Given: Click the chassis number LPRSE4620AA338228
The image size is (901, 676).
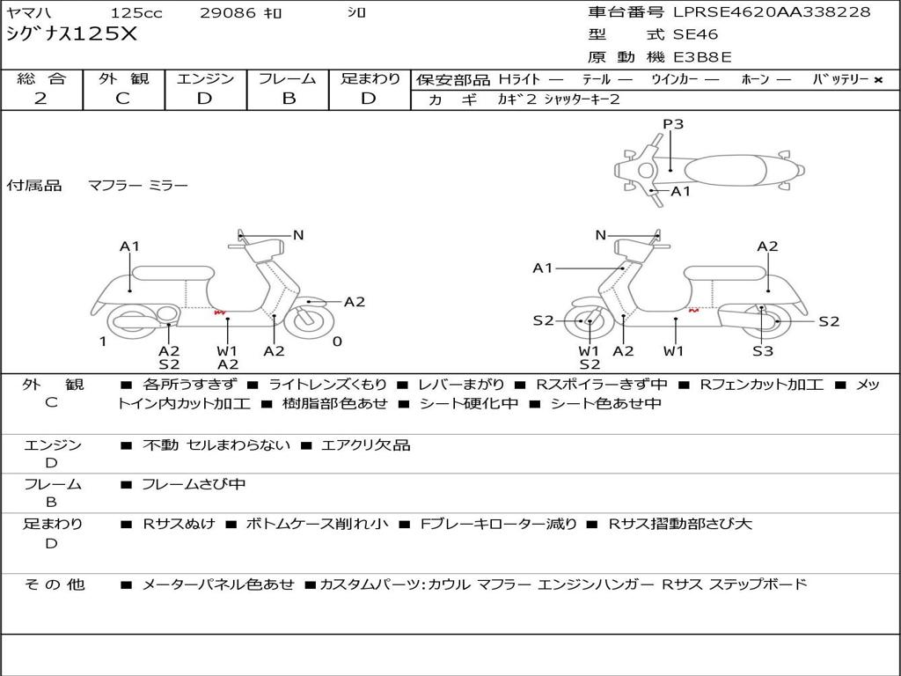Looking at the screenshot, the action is point(772,12).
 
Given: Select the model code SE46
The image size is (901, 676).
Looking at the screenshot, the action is point(695,34).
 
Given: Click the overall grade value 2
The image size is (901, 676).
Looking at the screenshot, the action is point(40,99).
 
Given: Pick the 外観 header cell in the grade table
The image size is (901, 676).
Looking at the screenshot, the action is point(123,78).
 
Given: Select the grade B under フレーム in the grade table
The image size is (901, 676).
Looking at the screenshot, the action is point(289,99).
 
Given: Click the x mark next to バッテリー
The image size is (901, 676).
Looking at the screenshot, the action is point(877,80).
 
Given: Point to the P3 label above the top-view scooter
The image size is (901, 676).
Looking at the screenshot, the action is point(673,124).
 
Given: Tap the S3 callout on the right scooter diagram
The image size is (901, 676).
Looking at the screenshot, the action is point(763,350).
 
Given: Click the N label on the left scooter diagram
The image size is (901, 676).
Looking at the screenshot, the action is point(298,235).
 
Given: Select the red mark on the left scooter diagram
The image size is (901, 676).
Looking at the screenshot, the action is point(220,312).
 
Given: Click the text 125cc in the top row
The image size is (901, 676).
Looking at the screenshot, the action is point(136,12).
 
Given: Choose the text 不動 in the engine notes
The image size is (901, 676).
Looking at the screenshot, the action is point(160,445).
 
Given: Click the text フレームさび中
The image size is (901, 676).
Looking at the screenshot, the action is point(194,484).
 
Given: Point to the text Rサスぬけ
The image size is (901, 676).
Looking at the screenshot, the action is point(179,524).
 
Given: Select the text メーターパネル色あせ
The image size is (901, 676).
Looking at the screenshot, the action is point(218,584).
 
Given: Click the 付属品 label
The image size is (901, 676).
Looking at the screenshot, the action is point(34,185).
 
